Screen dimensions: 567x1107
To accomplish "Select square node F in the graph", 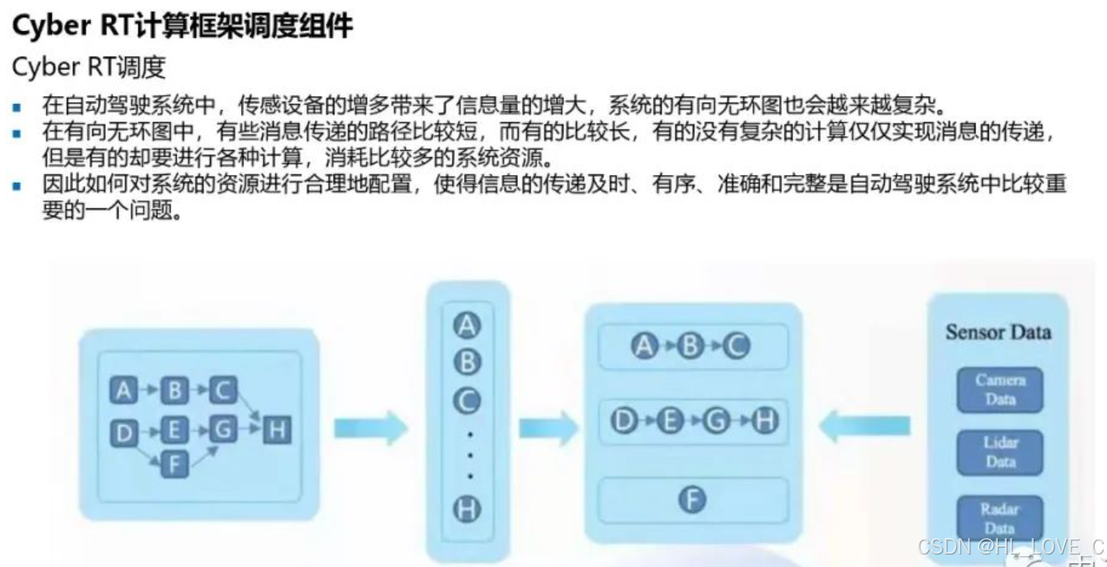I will pyautogui.click(x=174, y=464).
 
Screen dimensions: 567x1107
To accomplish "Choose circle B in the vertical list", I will pyautogui.click(x=467, y=362).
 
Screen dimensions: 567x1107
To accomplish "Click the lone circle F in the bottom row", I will pyautogui.click(x=693, y=502).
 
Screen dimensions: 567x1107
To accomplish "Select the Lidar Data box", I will pyautogui.click(x=1001, y=452).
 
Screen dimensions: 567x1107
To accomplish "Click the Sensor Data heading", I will pyautogui.click(x=998, y=332).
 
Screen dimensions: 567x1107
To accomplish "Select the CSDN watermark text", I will pyautogui.click(x=1011, y=546).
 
